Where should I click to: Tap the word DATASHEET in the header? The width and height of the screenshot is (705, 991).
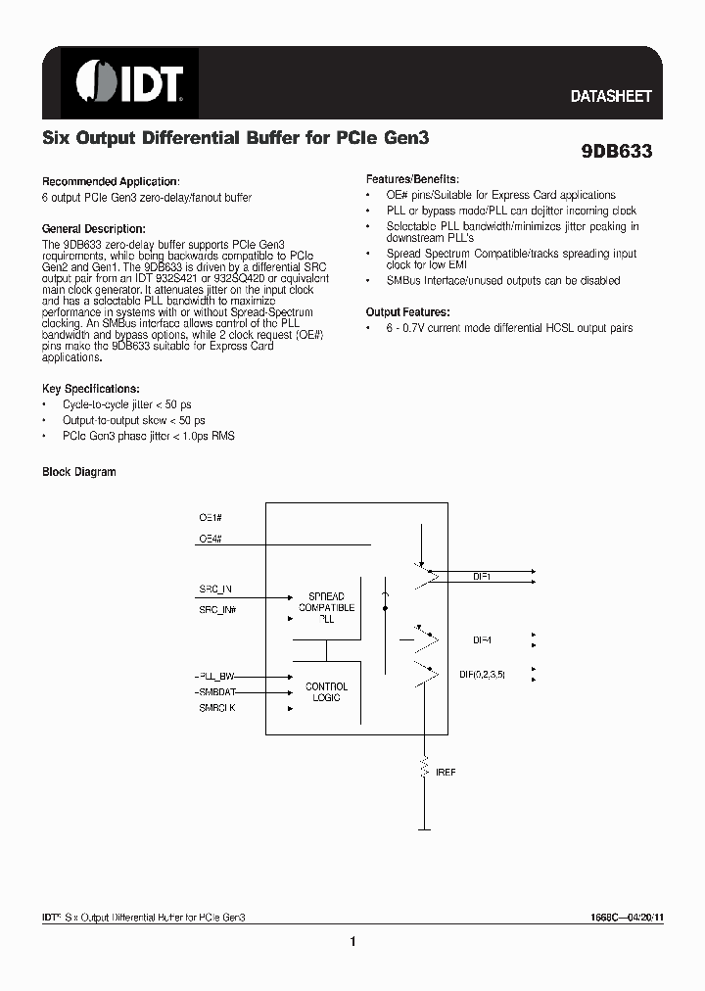[611, 97]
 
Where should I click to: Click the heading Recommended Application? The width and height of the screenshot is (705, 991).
[111, 181]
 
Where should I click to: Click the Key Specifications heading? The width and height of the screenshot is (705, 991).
[91, 389]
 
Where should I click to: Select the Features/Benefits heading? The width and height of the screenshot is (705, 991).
[411, 180]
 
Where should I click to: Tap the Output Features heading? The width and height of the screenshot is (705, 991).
[408, 311]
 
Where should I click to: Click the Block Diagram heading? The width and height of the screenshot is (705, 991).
[79, 472]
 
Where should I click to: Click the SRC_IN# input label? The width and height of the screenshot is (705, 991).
[217, 609]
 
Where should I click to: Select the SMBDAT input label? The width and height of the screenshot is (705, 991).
[217, 691]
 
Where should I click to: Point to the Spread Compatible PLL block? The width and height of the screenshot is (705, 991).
[326, 607]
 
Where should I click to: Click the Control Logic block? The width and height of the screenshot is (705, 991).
[326, 691]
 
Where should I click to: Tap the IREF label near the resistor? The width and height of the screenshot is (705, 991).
[446, 772]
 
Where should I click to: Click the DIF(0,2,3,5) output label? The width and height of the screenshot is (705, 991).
[482, 675]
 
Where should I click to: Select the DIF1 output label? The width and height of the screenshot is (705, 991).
[482, 578]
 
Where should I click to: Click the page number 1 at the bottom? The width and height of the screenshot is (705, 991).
[352, 942]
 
